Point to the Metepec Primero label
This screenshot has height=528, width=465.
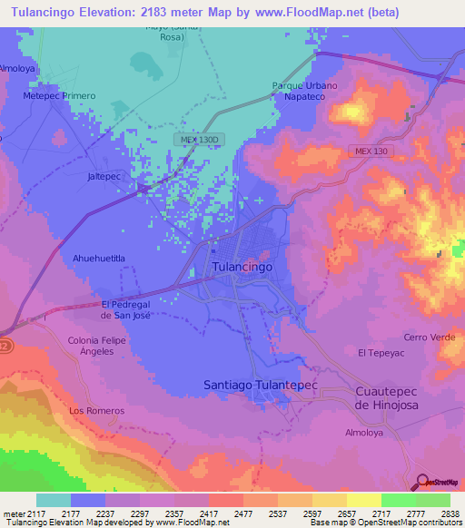click(x=59, y=95)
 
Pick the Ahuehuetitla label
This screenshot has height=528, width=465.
click(x=98, y=258)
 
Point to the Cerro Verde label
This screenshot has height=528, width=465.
click(x=430, y=337)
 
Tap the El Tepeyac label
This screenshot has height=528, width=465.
click(x=380, y=352)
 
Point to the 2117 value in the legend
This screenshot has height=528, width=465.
click(x=25, y=513)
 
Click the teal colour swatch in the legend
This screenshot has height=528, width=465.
click(x=53, y=500)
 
